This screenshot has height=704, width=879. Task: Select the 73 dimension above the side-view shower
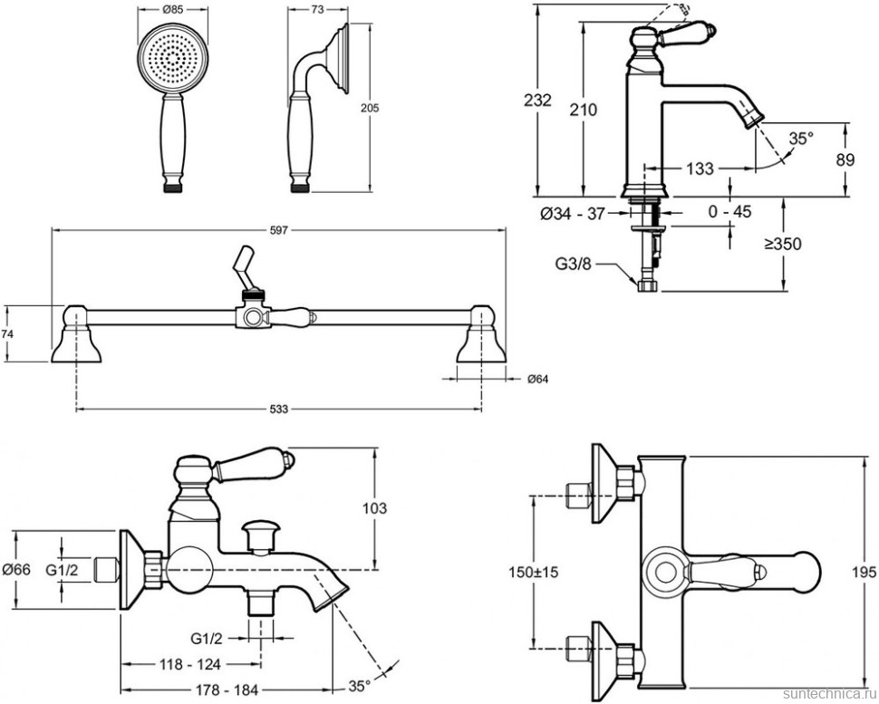(317, 9)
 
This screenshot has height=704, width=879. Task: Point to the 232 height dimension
(538, 101)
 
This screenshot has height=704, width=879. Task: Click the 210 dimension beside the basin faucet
(584, 110)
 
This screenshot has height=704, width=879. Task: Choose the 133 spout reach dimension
(700, 168)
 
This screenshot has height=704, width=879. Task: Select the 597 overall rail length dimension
(278, 231)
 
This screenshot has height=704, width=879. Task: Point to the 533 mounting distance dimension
(278, 410)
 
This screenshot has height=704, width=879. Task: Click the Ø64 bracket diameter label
(538, 379)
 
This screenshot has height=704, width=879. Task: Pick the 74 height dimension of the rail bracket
(9, 333)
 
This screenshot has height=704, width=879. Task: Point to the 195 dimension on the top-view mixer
(865, 573)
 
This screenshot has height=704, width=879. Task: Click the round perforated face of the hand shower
(166, 62)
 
